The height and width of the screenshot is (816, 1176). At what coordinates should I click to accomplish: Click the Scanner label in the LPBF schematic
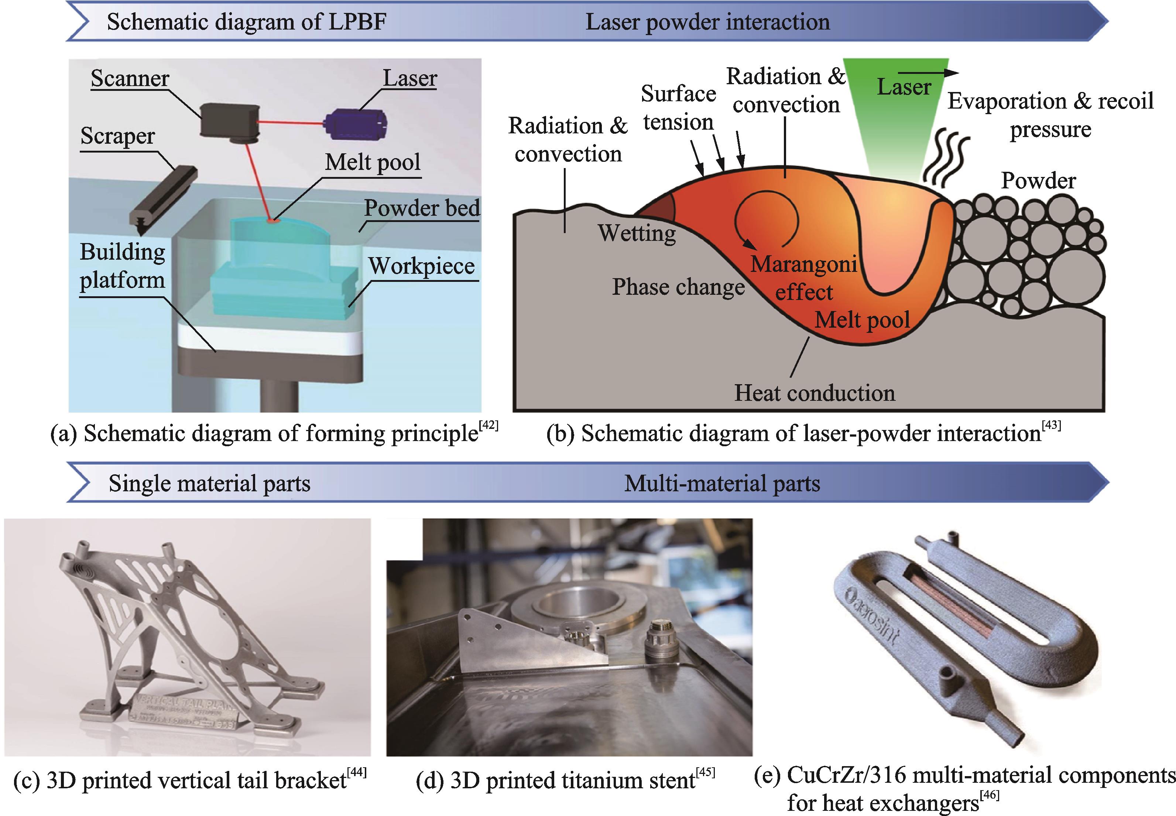[x=130, y=79]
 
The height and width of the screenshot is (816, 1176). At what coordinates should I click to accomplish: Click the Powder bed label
[x=422, y=208]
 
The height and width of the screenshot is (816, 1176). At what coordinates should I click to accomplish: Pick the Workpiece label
[x=422, y=266]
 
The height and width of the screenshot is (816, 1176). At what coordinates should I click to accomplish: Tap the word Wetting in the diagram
[x=637, y=233]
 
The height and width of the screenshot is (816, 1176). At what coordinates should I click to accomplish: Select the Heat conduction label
[x=815, y=393]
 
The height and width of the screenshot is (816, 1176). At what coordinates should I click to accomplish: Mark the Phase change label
[x=678, y=287]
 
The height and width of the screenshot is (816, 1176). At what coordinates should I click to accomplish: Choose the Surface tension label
[x=678, y=108]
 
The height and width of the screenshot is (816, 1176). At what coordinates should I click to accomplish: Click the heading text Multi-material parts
[x=721, y=483]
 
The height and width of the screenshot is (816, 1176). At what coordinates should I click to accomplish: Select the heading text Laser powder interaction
[x=707, y=22]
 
